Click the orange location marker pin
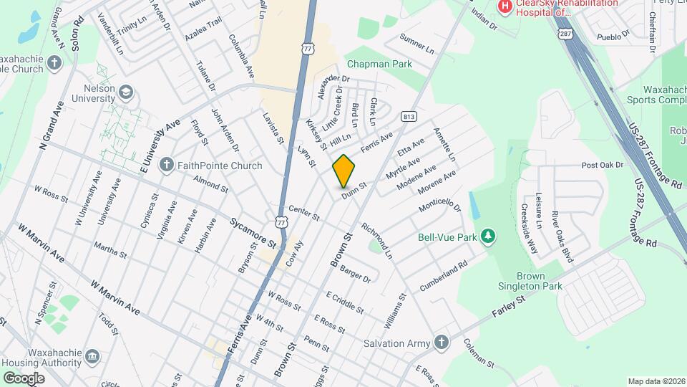(344, 171)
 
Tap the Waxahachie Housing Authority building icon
(92, 356)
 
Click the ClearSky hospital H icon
(506, 6)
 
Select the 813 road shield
(409, 116)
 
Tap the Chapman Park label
(379, 64)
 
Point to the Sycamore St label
(253, 233)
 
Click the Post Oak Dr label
(603, 166)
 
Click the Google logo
(24, 378)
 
